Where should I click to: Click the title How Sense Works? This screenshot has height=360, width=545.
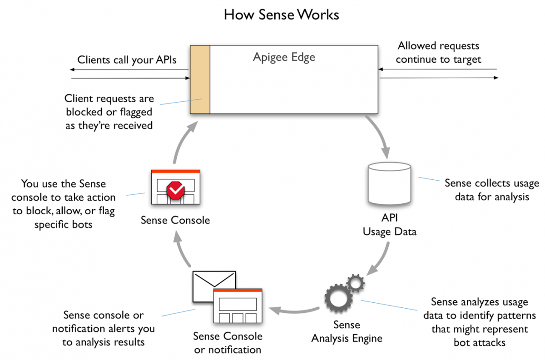(281, 15)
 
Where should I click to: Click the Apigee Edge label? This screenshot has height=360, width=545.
(284, 58)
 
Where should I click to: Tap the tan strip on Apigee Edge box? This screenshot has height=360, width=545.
(200, 79)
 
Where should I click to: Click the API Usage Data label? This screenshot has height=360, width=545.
(389, 225)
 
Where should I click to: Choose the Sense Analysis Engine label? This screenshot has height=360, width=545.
(347, 331)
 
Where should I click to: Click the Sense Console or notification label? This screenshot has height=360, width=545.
(228, 343)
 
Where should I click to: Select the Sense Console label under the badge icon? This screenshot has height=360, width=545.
(175, 221)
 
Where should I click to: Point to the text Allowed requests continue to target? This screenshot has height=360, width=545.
(438, 53)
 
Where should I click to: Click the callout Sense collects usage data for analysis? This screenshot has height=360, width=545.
(492, 190)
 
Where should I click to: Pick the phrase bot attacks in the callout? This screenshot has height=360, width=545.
(479, 342)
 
